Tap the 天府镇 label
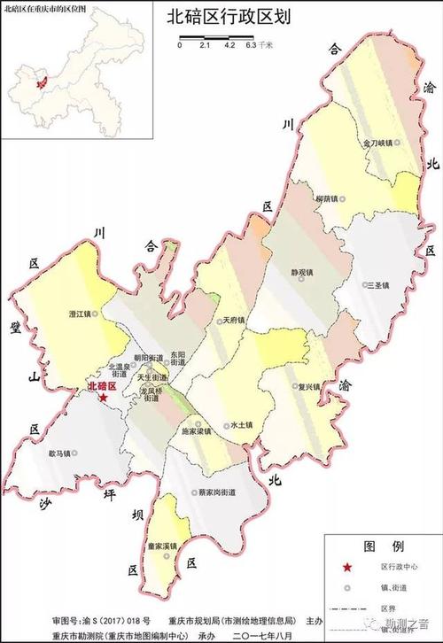233,321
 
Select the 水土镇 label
240,425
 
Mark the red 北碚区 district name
103,387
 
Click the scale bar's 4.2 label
228,43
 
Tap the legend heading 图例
377,546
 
